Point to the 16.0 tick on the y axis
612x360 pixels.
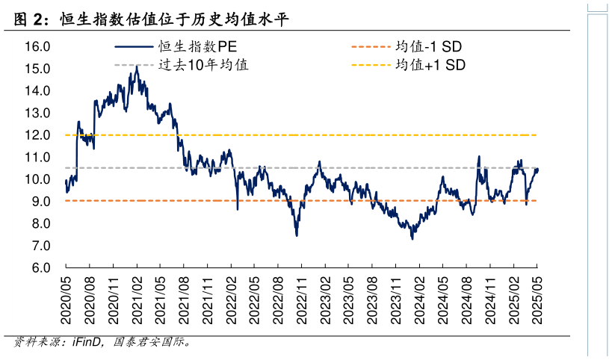(x=37, y=46)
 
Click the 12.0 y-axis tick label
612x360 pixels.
(x=37, y=135)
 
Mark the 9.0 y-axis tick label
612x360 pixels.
(x=37, y=202)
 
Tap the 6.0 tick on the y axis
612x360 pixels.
(x=37, y=268)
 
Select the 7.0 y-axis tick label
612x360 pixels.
(x=37, y=246)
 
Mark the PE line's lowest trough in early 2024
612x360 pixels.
(x=412, y=238)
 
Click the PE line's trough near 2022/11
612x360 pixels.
(x=297, y=235)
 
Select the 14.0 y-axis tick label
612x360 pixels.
(x=37, y=90)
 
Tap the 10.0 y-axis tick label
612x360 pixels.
(x=37, y=179)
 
